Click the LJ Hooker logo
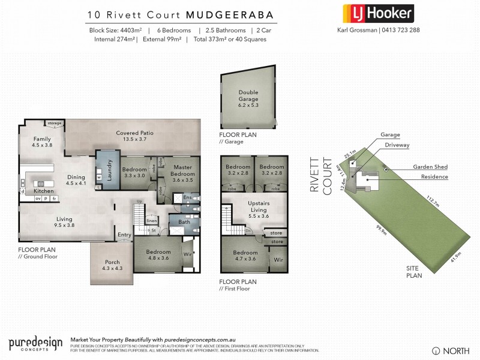click(377, 13)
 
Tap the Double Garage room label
click(248, 95)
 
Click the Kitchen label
click(35, 190)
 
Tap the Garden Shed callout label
click(430, 167)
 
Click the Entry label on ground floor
click(125, 235)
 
